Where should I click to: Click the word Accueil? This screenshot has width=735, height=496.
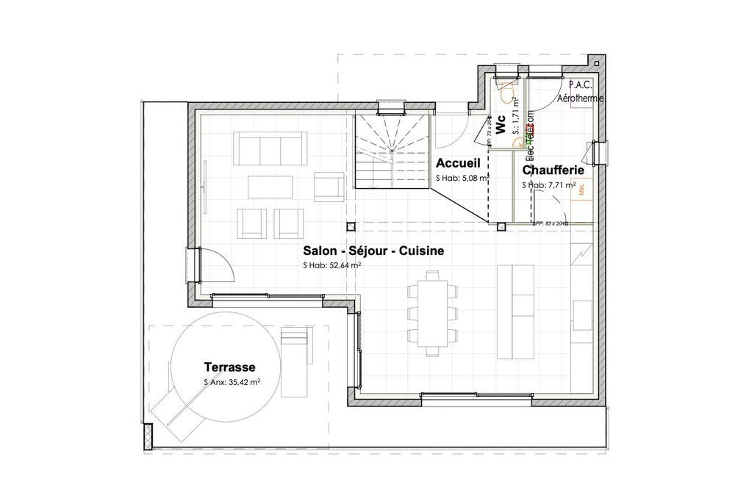point(457,163)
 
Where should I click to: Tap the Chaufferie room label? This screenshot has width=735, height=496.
point(553,169)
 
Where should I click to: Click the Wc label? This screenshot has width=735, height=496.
point(501,126)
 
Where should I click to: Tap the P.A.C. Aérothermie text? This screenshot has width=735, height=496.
point(581,92)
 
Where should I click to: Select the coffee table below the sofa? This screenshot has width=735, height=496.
point(270,187)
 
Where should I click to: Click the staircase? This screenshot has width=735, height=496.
point(392,151)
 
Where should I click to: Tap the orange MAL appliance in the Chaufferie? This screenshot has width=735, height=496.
point(581,190)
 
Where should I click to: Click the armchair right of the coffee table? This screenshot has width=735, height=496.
point(328,187)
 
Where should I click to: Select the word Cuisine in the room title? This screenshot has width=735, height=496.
point(419,251)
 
